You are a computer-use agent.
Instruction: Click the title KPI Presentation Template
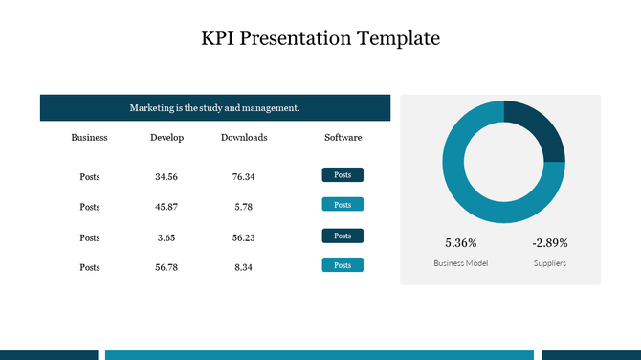(x=320, y=39)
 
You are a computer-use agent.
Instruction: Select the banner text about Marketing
(x=214, y=108)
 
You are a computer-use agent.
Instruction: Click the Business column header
(x=89, y=138)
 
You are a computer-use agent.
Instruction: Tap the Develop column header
(x=166, y=138)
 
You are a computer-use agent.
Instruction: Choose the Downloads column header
(x=244, y=138)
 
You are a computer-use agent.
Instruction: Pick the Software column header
(x=343, y=138)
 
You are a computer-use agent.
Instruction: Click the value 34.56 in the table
(x=166, y=177)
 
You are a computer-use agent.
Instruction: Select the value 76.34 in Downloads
(x=244, y=177)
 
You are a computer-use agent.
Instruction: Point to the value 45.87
(x=166, y=207)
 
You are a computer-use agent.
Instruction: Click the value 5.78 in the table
(x=244, y=207)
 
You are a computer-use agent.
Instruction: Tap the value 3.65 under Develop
(x=166, y=237)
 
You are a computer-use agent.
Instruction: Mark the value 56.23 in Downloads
(x=244, y=237)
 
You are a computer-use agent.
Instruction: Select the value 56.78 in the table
(x=166, y=268)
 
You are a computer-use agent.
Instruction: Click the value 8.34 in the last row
(x=244, y=268)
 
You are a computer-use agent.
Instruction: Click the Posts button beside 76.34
(x=343, y=174)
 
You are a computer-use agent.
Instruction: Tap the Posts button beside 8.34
(x=343, y=265)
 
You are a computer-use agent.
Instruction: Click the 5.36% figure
(x=460, y=243)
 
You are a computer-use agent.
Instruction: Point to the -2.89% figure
(x=550, y=243)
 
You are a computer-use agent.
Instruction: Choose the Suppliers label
(x=550, y=263)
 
